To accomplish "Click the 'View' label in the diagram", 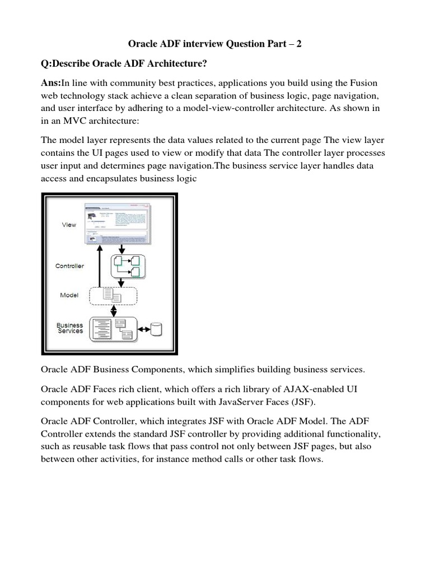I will [x=69, y=225].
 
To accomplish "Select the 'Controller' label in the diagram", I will [x=69, y=266].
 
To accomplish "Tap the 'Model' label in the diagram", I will [x=69, y=295].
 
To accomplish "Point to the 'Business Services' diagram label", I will [x=70, y=328].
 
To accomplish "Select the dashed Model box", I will [x=113, y=295].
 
